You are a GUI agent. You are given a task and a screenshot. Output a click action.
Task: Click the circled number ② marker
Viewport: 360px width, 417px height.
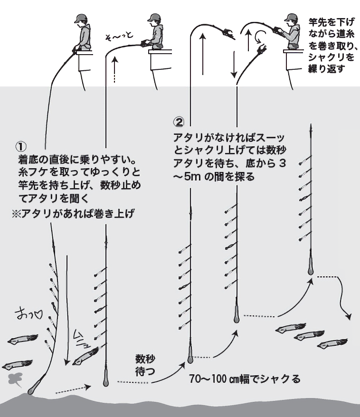coord(179,123)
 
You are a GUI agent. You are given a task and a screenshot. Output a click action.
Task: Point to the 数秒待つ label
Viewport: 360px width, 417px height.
coord(145,365)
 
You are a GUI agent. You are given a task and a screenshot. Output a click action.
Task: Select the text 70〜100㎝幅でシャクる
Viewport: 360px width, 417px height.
coord(245,379)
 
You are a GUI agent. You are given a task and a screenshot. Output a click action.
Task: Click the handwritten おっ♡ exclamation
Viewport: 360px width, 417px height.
coord(29,314)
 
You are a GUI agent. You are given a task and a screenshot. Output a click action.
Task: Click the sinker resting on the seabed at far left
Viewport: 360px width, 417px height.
coord(33,389)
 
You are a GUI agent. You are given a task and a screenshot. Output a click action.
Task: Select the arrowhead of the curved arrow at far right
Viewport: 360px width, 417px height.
coord(350,316)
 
